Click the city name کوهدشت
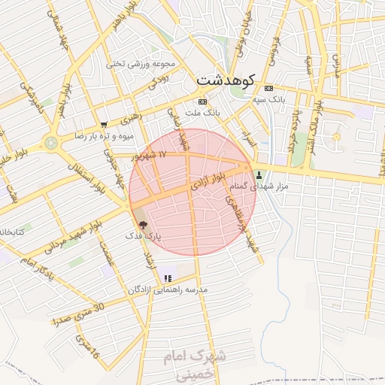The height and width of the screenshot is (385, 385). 226,78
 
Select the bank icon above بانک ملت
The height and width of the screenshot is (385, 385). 202,102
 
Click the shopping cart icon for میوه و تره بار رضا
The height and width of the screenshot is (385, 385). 104,125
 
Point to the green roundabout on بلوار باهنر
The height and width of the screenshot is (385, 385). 51,141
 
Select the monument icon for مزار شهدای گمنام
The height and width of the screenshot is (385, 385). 260,174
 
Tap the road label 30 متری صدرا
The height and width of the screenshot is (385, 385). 77,312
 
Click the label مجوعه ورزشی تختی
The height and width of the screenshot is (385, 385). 141,64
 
